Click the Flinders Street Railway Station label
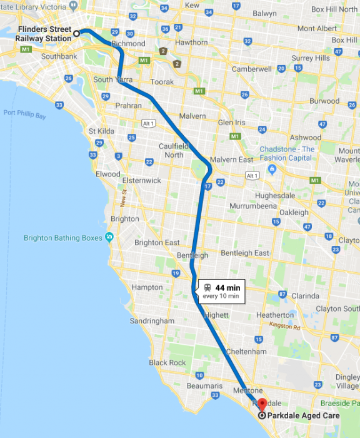(44, 33)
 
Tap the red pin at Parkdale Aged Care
(262, 404)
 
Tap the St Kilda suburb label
(100, 131)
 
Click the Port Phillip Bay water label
(25, 113)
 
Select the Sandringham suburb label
(151, 320)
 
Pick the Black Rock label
(167, 363)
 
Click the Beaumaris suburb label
(204, 386)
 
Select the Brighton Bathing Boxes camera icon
(109, 238)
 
